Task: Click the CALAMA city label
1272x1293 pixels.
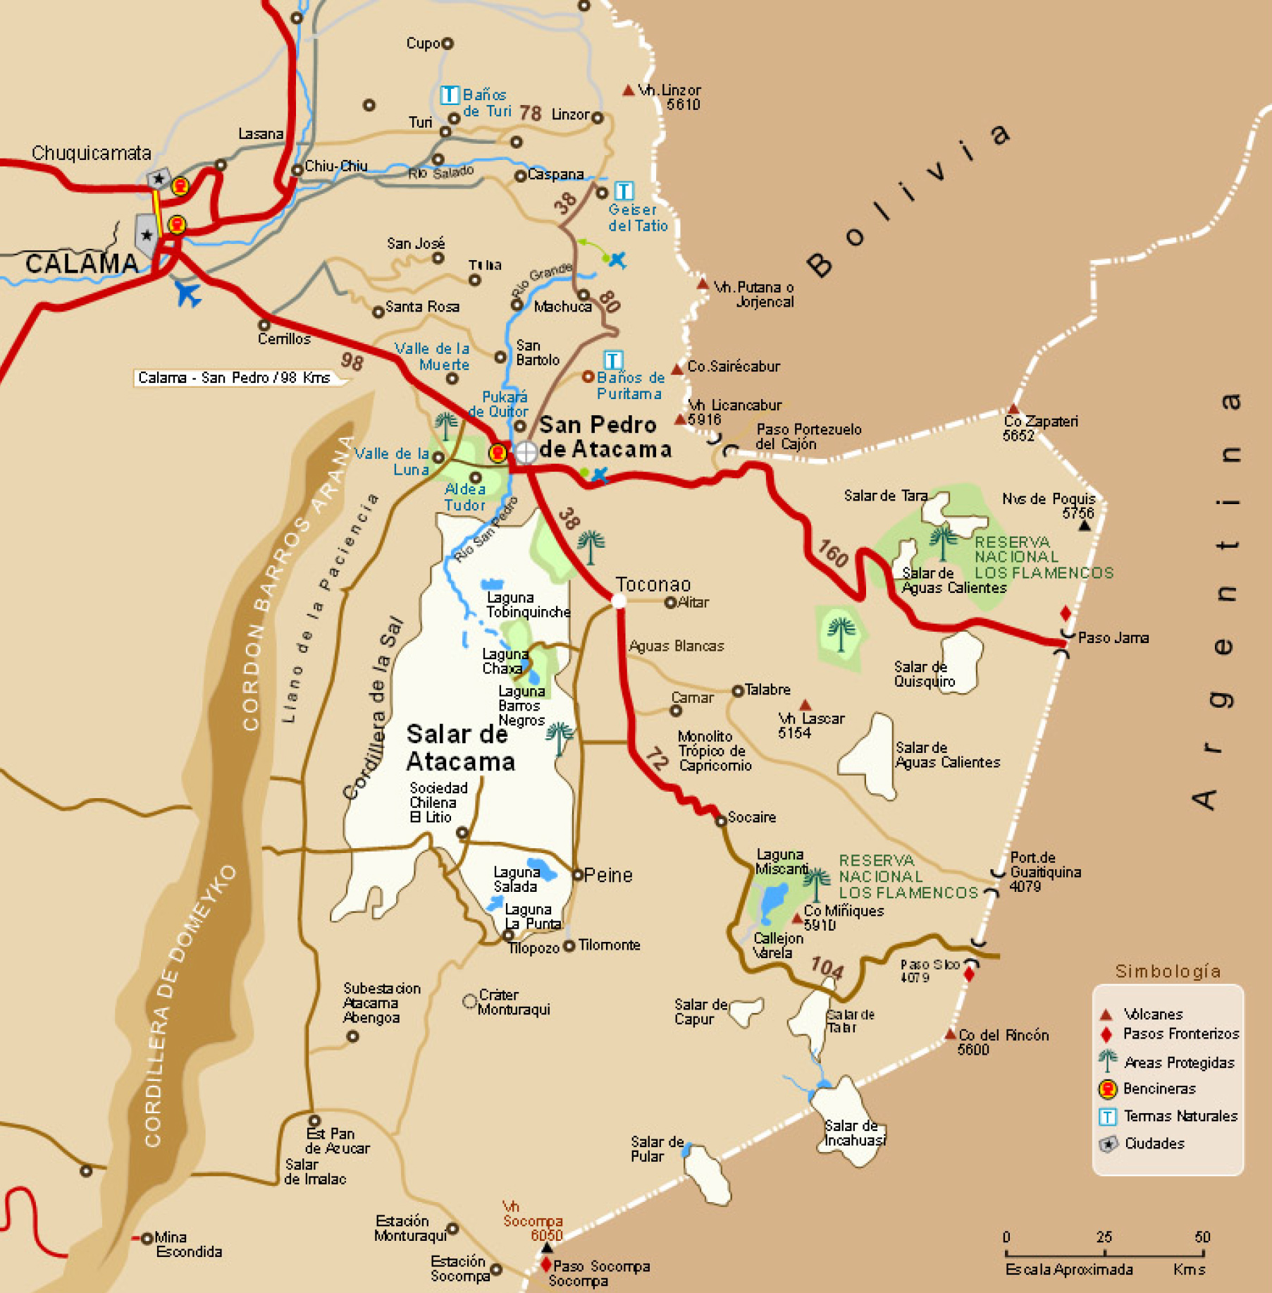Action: pyautogui.click(x=82, y=264)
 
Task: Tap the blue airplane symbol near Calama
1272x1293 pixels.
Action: pyautogui.click(x=187, y=293)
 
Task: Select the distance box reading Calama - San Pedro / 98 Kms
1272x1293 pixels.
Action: pyautogui.click(x=235, y=378)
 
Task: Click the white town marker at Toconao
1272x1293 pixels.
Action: pyautogui.click(x=618, y=601)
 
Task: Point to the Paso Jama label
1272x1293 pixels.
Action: pyautogui.click(x=1113, y=638)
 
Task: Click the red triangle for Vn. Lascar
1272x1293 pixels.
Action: pyautogui.click(x=805, y=705)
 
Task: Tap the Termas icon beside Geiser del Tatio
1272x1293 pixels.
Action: pyautogui.click(x=624, y=190)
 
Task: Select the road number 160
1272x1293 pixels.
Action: pyautogui.click(x=832, y=553)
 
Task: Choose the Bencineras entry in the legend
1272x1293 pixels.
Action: pyautogui.click(x=1159, y=1089)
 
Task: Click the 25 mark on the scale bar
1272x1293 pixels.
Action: pyautogui.click(x=1104, y=1237)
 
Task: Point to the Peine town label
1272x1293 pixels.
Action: pyautogui.click(x=608, y=875)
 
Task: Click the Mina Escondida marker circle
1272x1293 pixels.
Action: pyautogui.click(x=147, y=1238)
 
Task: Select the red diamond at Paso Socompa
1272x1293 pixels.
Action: pyautogui.click(x=545, y=1264)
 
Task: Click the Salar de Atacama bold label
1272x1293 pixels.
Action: pyautogui.click(x=459, y=748)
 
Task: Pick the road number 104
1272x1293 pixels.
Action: pyautogui.click(x=827, y=967)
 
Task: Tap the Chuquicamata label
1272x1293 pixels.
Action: pyautogui.click(x=91, y=153)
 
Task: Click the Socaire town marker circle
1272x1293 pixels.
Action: pyautogui.click(x=720, y=821)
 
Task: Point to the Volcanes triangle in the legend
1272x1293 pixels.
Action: pyautogui.click(x=1106, y=1015)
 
